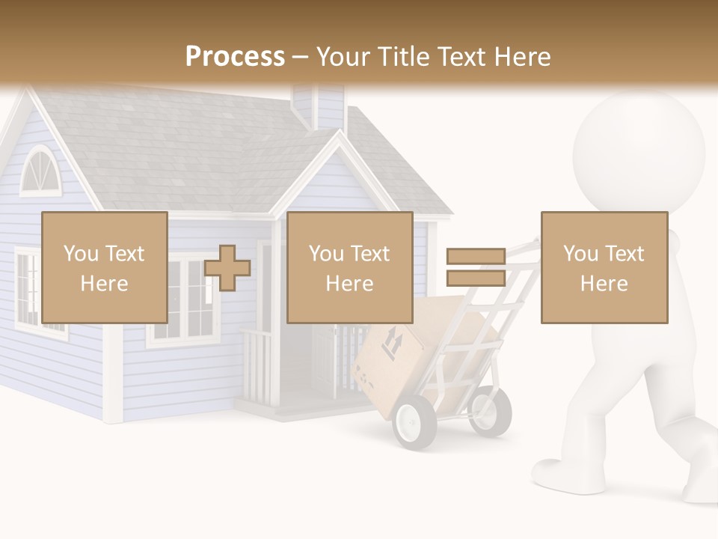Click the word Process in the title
[235, 57]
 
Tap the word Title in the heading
[403, 57]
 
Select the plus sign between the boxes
[227, 268]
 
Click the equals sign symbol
[476, 268]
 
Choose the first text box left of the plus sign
[105, 267]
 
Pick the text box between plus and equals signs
[349, 267]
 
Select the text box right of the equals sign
[604, 267]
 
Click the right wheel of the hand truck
[491, 410]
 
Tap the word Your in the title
[344, 57]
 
